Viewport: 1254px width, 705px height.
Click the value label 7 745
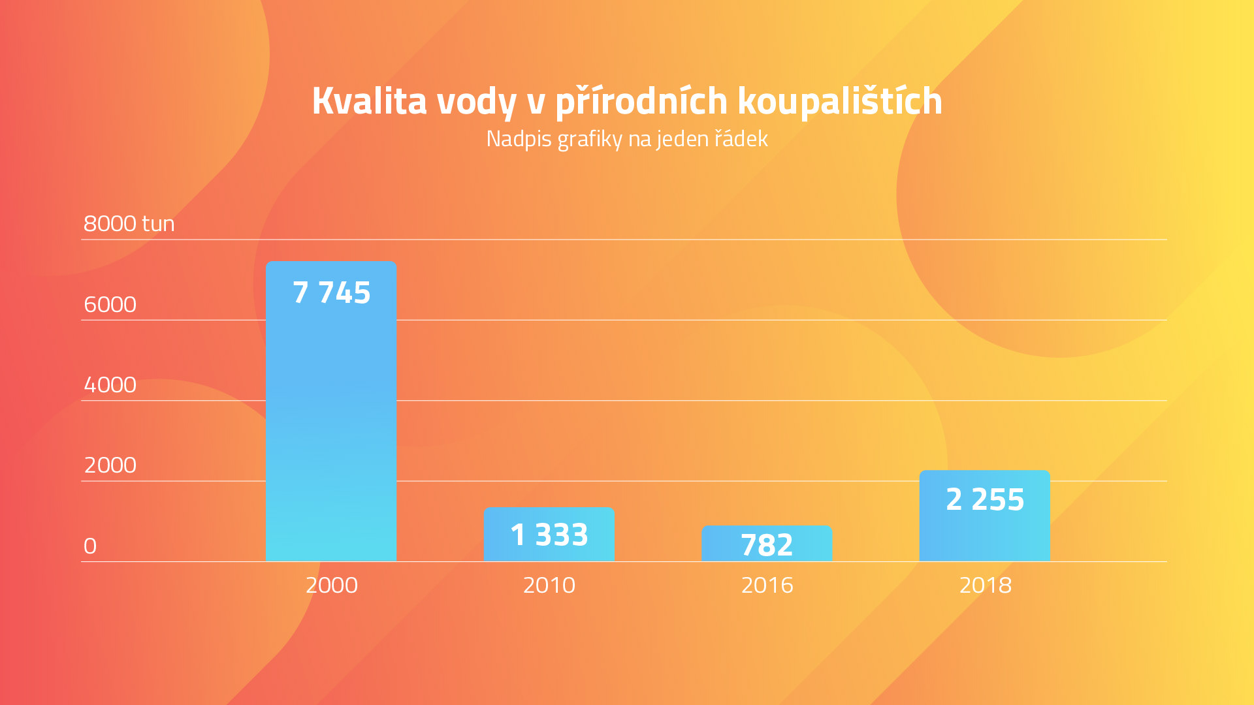[x=331, y=292]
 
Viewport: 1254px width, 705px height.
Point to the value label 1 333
[x=549, y=535]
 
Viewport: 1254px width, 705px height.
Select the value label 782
[x=767, y=545]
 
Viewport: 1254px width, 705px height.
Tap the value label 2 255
[x=985, y=499]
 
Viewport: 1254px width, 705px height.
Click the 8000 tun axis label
[x=129, y=224]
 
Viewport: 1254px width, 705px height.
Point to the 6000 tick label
[x=110, y=305]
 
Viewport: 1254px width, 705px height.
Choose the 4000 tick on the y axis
[x=110, y=385]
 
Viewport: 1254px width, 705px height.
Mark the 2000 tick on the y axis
[x=110, y=465]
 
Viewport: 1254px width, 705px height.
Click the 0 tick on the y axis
[x=90, y=546]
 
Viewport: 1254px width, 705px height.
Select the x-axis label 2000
[x=331, y=585]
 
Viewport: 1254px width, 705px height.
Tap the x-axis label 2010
[x=549, y=585]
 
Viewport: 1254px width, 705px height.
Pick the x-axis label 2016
[x=767, y=585]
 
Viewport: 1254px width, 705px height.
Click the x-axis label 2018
[x=985, y=585]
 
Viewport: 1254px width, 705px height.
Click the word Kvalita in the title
[x=369, y=101]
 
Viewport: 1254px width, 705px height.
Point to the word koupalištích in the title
[x=840, y=101]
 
